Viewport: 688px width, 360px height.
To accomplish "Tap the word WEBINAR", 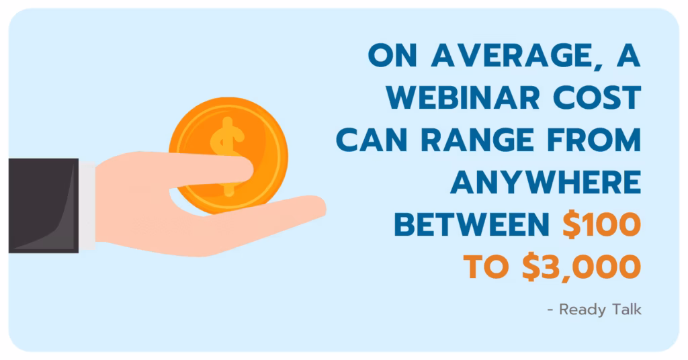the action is (463, 97).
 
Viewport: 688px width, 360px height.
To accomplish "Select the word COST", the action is (597, 97).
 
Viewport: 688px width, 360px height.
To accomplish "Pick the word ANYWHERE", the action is (546, 182).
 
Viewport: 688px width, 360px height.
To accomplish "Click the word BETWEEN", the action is (472, 224).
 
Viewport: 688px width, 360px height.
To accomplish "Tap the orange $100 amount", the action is (602, 224).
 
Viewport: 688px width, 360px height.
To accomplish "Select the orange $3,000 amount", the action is (582, 267).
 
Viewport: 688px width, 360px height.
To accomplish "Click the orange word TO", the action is (486, 267).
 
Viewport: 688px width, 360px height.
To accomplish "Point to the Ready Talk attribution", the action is (595, 310).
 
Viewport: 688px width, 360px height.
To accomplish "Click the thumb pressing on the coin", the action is (210, 169).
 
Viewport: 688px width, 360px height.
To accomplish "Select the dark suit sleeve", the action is (44, 206).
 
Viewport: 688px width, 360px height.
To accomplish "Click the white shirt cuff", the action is (87, 206).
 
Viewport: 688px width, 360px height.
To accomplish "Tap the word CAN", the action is (372, 140).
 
